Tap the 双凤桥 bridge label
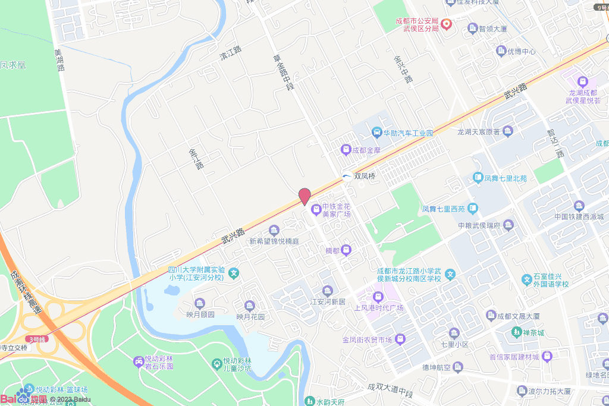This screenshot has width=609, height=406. (x=365, y=176)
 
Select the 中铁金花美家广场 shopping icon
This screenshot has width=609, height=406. (x=315, y=209)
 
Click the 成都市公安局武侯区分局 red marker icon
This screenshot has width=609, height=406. (x=447, y=24)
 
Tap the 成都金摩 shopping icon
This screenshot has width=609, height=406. (x=345, y=150)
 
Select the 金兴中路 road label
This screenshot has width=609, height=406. (x=403, y=70)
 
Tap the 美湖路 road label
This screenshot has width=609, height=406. (x=59, y=60)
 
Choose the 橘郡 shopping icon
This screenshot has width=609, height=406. (x=347, y=250)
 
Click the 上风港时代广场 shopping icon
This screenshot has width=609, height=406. (x=377, y=296)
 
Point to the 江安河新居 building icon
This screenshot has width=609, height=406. (x=328, y=290)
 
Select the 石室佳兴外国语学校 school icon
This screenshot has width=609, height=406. (x=526, y=279)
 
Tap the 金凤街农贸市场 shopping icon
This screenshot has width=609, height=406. (x=401, y=339)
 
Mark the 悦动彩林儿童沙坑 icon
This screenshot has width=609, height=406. (x=218, y=363)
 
